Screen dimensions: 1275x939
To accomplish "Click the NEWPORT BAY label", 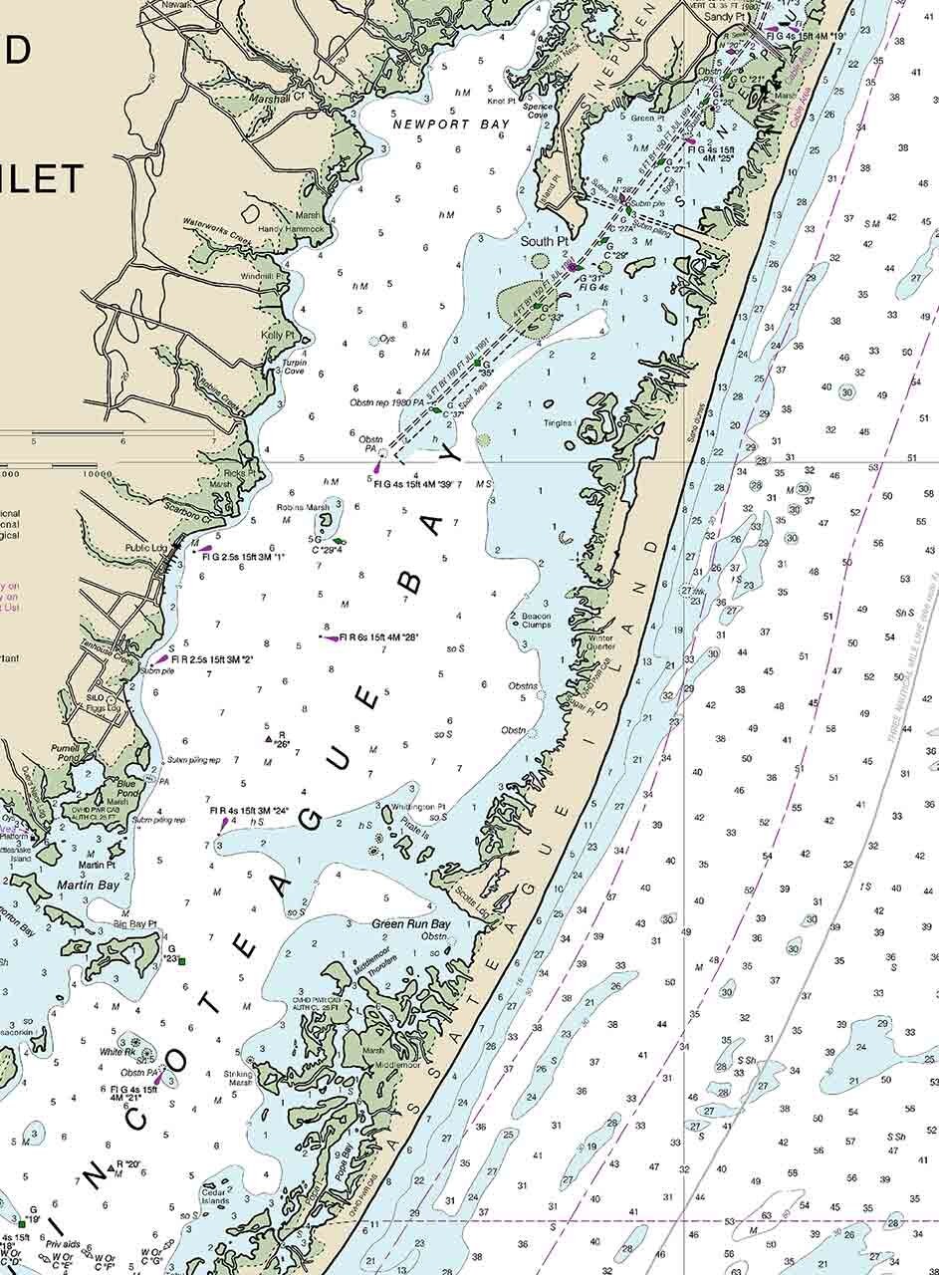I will tap(451, 125).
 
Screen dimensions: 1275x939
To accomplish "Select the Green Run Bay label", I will tap(411, 924).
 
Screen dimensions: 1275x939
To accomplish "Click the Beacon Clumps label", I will tap(537, 621).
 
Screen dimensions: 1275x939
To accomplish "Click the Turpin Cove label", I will tap(294, 367).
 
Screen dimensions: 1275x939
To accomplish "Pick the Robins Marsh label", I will tap(304, 507).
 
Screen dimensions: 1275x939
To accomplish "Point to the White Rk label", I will tap(117, 1052).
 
